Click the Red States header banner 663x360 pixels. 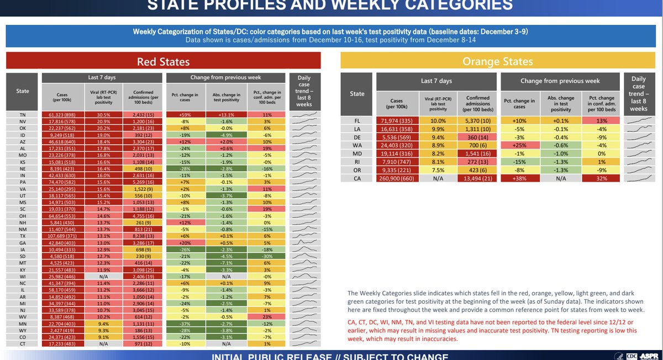(164, 61)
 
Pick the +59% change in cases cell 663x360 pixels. (186, 115)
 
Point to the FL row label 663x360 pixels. (357, 120)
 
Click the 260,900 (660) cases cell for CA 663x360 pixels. (397, 178)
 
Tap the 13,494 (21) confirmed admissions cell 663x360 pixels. (477, 178)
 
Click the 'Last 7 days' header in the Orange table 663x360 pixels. (436, 81)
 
